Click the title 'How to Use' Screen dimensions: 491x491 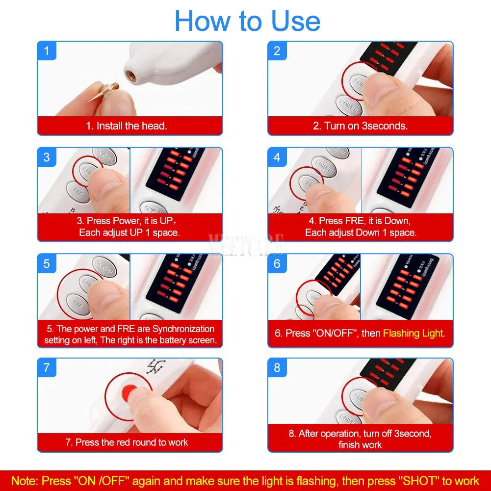pos(247,21)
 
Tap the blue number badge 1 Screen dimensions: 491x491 pos(47,51)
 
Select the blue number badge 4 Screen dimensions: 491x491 pos(277,157)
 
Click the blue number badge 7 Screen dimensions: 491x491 pos(47,367)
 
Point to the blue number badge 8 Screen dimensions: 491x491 pos(277,367)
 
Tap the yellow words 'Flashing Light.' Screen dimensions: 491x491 pos(414,333)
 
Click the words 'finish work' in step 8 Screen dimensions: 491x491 pos(360,445)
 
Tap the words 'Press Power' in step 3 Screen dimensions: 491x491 pos(112,221)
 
